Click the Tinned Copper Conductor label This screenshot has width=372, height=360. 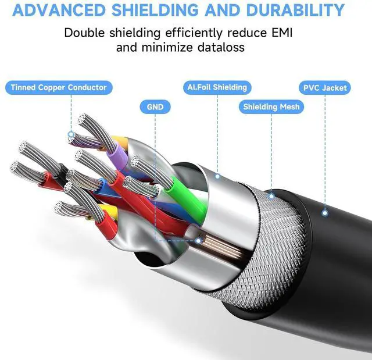click(x=59, y=88)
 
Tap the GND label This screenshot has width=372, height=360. click(x=155, y=106)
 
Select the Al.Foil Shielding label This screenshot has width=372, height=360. click(x=217, y=87)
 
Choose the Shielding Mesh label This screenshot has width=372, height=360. click(x=271, y=106)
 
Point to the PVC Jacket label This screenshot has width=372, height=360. click(x=325, y=88)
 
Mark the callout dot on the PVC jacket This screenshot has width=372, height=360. click(x=325, y=213)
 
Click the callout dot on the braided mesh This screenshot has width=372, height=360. click(x=271, y=197)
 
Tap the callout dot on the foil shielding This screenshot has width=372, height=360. click(x=217, y=176)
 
